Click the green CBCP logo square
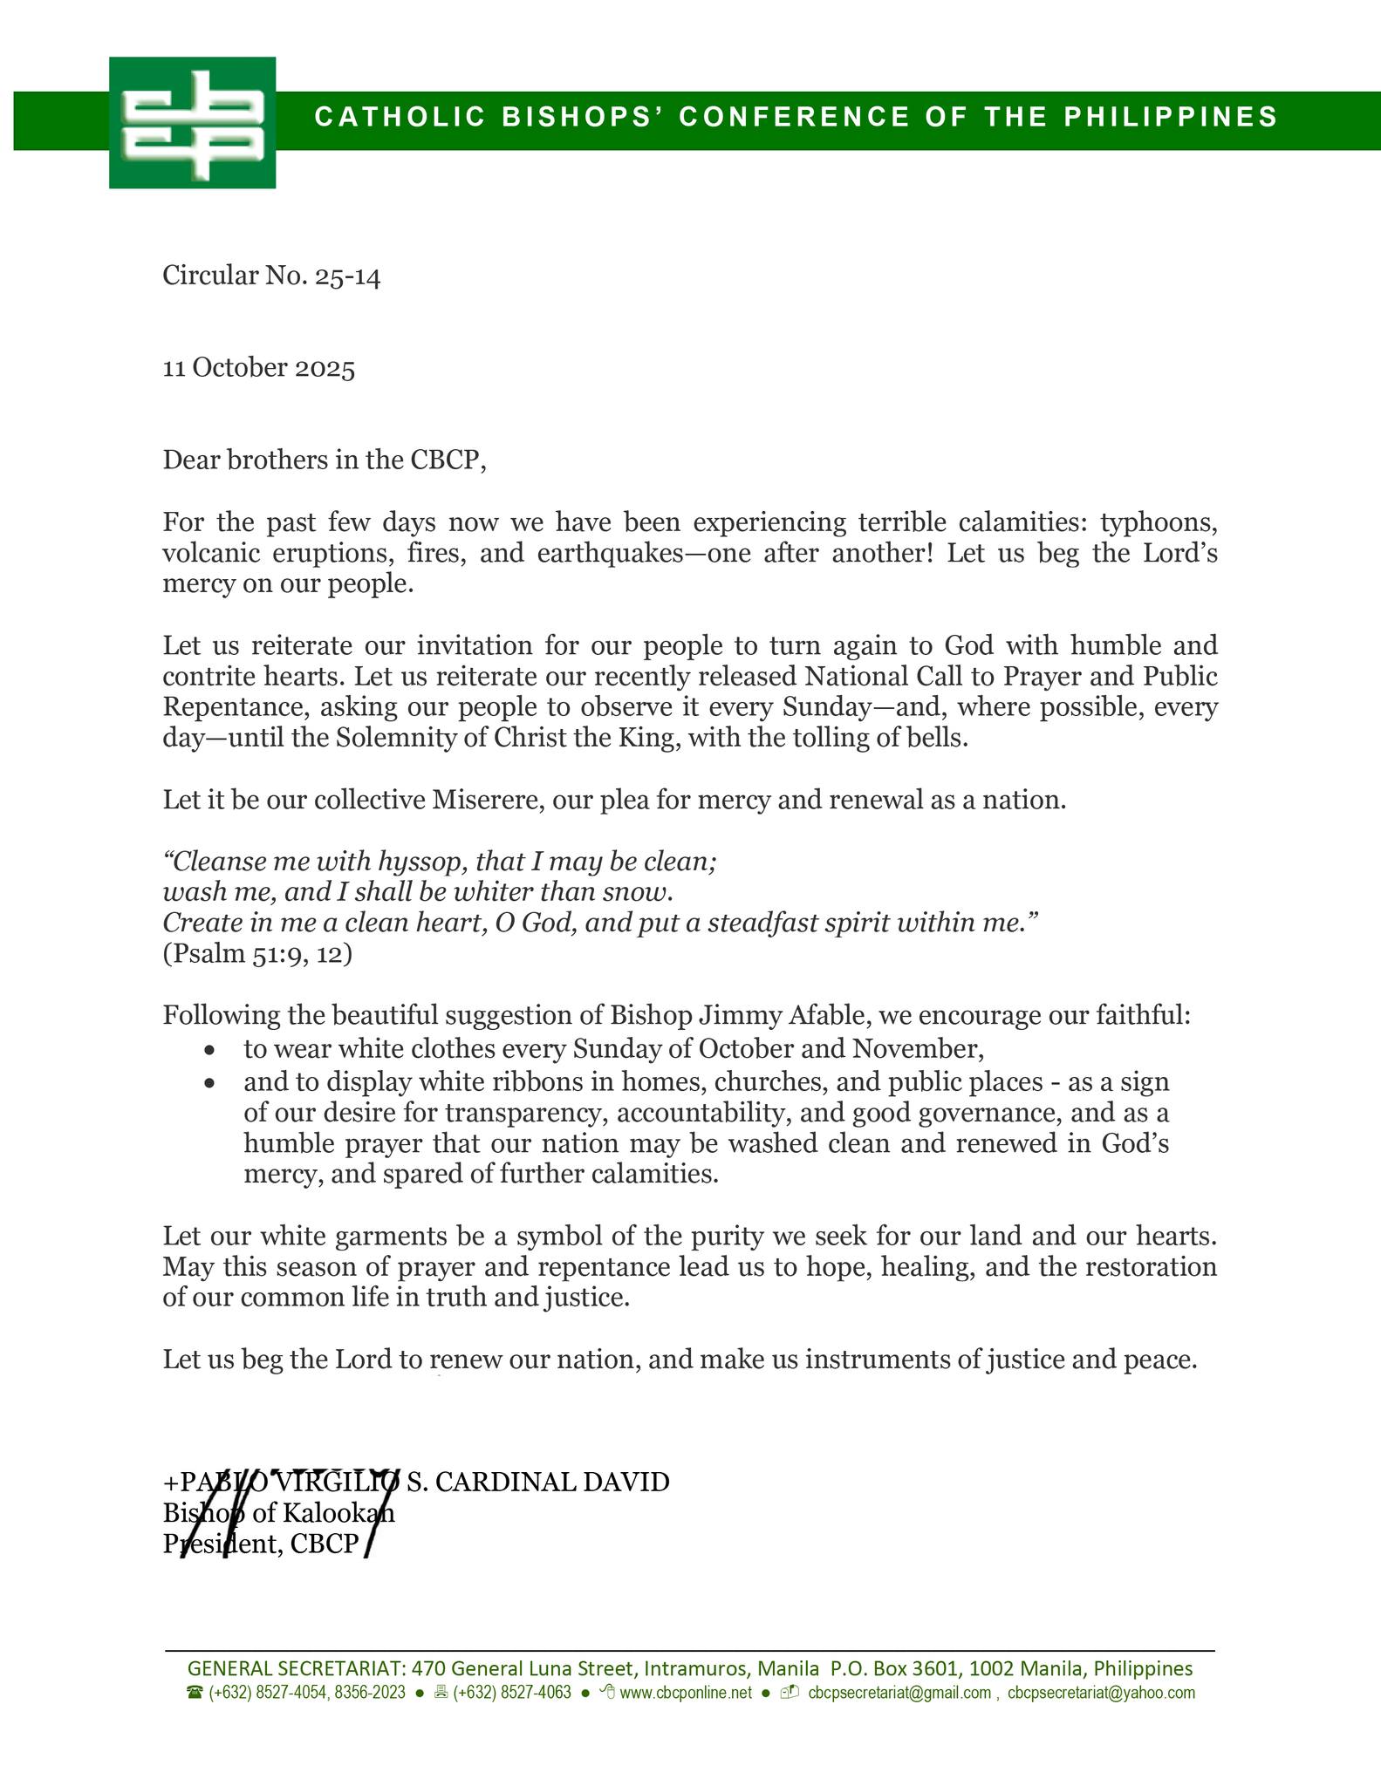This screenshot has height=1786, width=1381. tap(192, 122)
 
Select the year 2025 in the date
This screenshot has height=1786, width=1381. tap(325, 368)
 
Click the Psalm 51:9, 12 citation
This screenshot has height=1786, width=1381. tap(257, 954)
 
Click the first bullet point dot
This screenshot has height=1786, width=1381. tap(208, 1049)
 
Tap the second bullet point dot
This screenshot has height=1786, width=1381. tap(208, 1083)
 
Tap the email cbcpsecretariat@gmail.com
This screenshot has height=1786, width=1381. tap(899, 1693)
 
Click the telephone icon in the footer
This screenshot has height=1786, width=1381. tap(195, 1693)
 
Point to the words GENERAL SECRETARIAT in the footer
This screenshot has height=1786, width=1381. tap(296, 1668)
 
